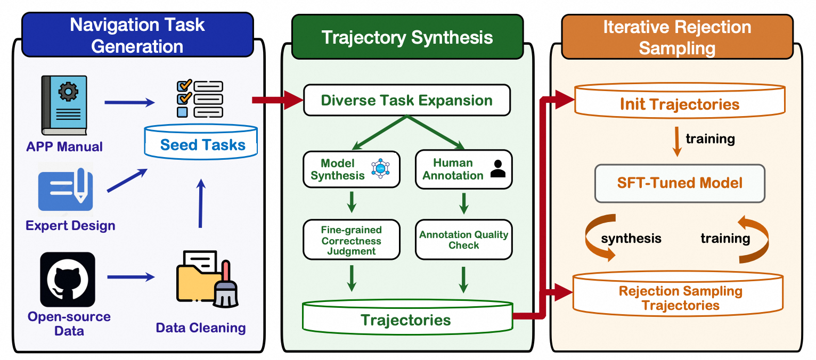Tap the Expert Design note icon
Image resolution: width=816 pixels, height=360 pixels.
66,190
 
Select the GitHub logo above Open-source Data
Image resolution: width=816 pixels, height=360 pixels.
68,279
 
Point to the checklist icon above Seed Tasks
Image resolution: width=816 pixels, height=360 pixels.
199,98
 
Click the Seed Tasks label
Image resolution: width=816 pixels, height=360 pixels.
202,145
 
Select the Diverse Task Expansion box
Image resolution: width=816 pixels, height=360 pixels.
406,100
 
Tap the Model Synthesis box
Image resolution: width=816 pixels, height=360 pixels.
351,169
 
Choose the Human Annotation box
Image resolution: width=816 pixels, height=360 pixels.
463,169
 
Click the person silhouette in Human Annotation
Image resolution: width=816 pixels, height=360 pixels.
497,169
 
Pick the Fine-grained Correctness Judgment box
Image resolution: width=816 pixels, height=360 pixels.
351,240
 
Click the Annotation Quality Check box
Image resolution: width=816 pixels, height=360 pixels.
463,240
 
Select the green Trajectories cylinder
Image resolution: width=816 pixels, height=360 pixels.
406,320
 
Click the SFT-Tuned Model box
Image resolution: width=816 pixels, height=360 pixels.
679,183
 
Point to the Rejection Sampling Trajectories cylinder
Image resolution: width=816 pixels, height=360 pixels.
679,298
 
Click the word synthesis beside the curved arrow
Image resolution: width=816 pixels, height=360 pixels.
631,238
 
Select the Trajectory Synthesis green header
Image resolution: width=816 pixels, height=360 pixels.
407,37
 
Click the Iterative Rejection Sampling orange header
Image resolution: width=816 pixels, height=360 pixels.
676,37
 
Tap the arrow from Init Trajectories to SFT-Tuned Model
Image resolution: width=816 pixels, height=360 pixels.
678,142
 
